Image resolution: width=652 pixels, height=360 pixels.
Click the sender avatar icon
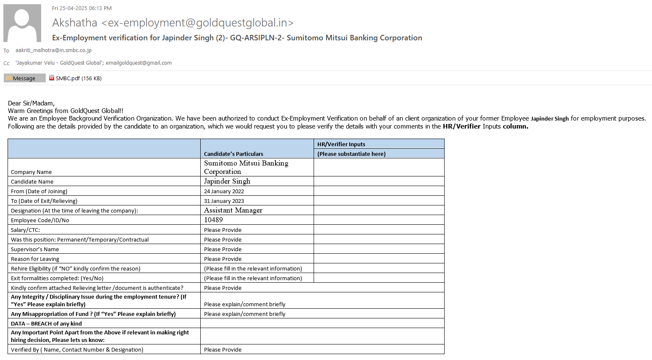pos(22,23)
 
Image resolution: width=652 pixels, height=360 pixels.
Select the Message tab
pos(24,78)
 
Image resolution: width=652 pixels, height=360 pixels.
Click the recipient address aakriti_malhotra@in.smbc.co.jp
pos(53,50)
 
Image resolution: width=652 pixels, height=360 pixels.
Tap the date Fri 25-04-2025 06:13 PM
pos(82,8)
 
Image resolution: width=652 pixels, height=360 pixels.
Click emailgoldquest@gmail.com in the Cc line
pos(139,63)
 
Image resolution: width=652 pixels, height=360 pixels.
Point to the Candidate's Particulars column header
pos(233,154)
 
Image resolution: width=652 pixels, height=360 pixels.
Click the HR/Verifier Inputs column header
pos(341,144)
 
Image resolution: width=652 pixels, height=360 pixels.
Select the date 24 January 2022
pos(224,191)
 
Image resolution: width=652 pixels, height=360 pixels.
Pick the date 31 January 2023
pos(224,201)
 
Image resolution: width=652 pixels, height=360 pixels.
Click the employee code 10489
pos(213,220)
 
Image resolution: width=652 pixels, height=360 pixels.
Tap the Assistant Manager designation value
pos(233,210)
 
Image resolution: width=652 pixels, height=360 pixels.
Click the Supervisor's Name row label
pos(35,249)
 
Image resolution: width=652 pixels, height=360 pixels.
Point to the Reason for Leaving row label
pos(35,259)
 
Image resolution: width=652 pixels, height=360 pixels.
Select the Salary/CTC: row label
pos(25,230)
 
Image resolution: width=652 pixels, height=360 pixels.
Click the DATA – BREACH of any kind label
pos(46,323)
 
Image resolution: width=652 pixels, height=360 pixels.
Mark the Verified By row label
pos(77,349)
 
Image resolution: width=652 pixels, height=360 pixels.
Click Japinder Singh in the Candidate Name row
pos(227,181)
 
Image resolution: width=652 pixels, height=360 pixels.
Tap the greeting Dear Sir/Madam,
pos(31,103)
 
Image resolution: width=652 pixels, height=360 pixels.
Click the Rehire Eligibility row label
pos(76,268)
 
